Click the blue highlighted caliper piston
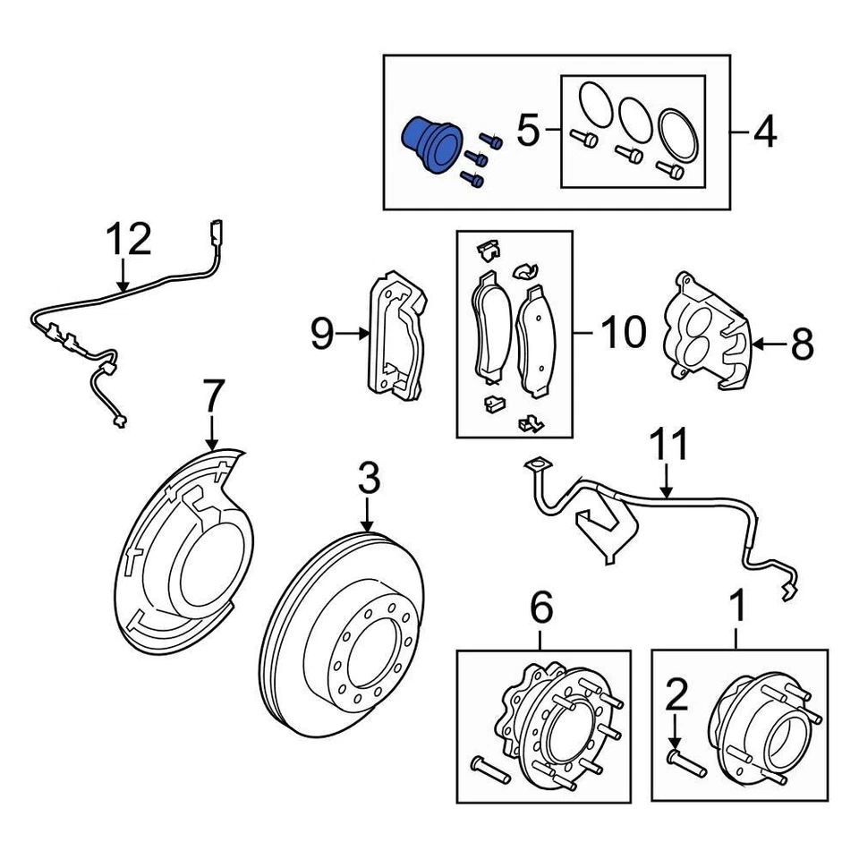click(428, 145)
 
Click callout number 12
click(129, 241)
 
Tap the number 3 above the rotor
click(369, 481)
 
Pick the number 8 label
click(801, 343)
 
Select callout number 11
click(669, 445)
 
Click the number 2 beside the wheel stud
click(676, 693)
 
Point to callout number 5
click(529, 132)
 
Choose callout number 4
click(763, 132)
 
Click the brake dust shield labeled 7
click(183, 546)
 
